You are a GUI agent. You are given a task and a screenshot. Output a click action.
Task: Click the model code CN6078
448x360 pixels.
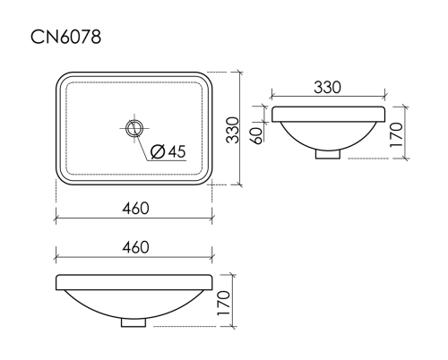(65, 37)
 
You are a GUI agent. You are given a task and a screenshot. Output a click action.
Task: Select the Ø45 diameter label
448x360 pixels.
(168, 151)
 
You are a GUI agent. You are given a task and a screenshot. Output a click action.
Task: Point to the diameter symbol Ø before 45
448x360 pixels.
(157, 151)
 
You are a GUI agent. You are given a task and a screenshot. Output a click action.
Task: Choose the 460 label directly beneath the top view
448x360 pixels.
(134, 208)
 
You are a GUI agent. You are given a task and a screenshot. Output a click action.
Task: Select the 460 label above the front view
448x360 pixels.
(134, 247)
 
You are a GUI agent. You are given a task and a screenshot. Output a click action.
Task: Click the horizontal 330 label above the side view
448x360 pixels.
(329, 88)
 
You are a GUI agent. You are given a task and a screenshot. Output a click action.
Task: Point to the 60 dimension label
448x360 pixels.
(256, 134)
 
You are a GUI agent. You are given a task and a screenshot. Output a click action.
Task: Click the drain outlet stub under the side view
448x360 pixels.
(329, 154)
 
